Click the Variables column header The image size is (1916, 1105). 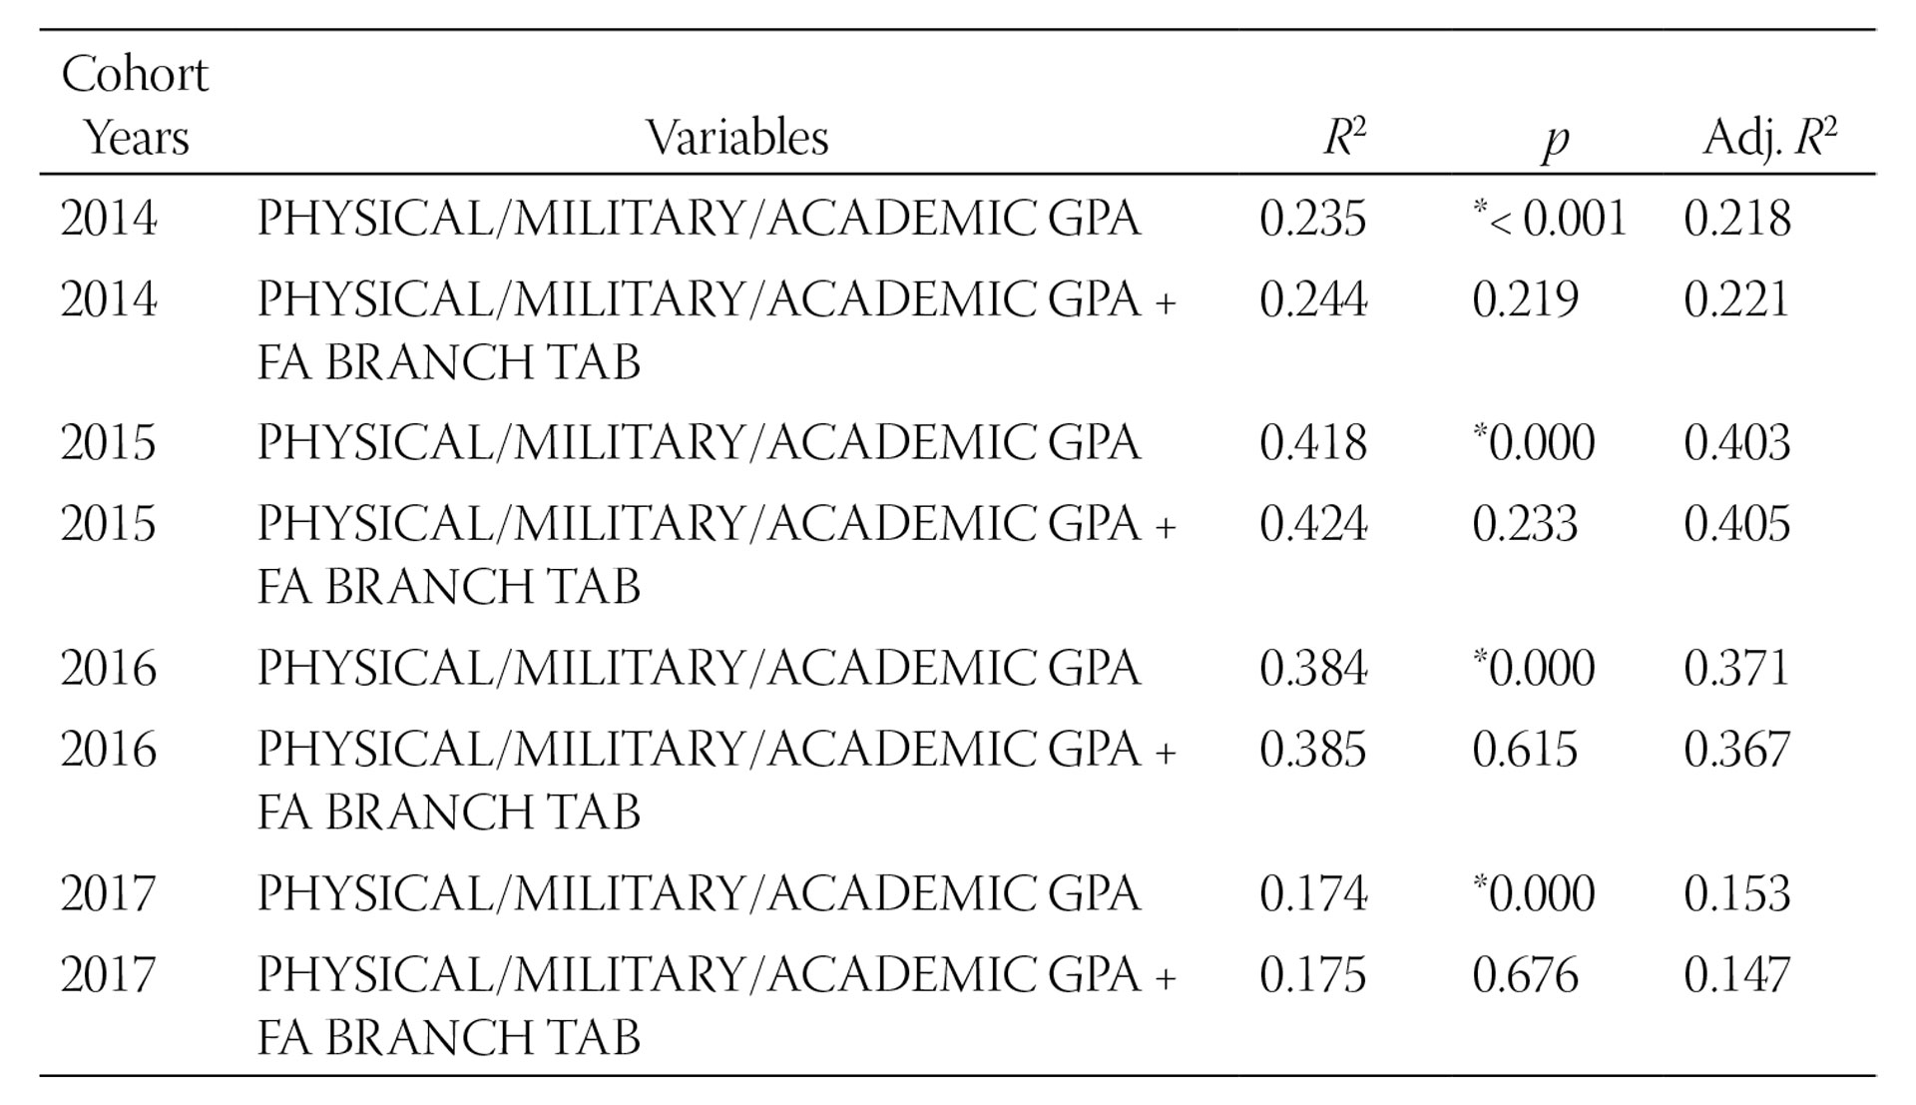(736, 138)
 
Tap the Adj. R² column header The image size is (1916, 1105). (1769, 138)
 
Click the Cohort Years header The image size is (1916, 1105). (136, 106)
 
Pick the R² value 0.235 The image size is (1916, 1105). (1312, 219)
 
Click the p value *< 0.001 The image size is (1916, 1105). (1550, 219)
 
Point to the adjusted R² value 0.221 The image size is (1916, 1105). (1737, 300)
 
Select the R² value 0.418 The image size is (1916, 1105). (1312, 443)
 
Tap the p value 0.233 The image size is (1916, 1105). (1525, 525)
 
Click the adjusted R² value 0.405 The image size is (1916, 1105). (1737, 525)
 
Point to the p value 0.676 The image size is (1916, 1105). (1525, 975)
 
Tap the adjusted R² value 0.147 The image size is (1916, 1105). (1737, 975)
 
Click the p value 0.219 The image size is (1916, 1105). (1525, 300)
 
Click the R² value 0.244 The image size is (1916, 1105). (1312, 300)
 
